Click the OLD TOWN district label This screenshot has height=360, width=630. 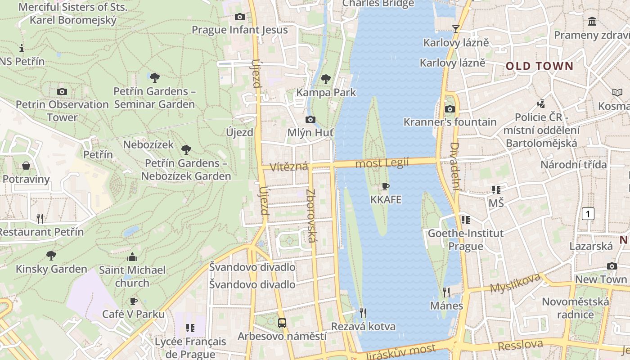pyautogui.click(x=540, y=66)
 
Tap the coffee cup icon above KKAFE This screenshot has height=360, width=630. pyautogui.click(x=386, y=186)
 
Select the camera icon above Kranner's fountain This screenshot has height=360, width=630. pyautogui.click(x=450, y=109)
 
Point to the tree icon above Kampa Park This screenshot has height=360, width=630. pyautogui.click(x=326, y=79)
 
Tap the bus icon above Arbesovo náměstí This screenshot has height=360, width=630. pyautogui.click(x=282, y=323)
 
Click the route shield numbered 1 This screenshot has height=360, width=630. pyautogui.click(x=588, y=213)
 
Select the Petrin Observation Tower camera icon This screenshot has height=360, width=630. pyautogui.click(x=62, y=91)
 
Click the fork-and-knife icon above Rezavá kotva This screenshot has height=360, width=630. pyautogui.click(x=363, y=313)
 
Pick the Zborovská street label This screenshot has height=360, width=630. pyautogui.click(x=311, y=216)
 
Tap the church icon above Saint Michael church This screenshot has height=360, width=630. pyautogui.click(x=132, y=257)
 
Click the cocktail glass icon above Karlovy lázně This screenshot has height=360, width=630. pyautogui.click(x=456, y=29)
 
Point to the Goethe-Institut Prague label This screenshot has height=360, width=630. pyautogui.click(x=465, y=239)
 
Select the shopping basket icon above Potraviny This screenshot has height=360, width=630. pyautogui.click(x=26, y=166)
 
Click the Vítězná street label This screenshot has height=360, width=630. pyautogui.click(x=288, y=167)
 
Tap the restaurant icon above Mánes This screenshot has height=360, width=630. pyautogui.click(x=446, y=292)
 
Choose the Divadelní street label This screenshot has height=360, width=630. pyautogui.click(x=454, y=166)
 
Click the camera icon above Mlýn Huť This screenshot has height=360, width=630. pyautogui.click(x=310, y=119)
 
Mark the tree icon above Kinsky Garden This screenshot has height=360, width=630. pyautogui.click(x=51, y=256)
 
